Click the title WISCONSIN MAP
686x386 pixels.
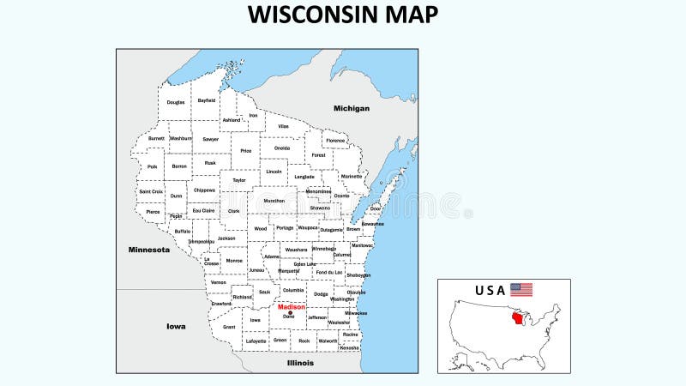[343, 15]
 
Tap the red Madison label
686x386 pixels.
[292, 307]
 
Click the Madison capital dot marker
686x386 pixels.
[291, 313]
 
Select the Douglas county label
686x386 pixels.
[176, 102]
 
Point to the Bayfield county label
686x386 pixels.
[207, 100]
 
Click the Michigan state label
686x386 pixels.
[352, 108]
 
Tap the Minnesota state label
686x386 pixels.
[149, 250]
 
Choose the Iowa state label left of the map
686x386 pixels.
[176, 326]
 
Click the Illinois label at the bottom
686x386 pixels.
[300, 363]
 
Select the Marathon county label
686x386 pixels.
[274, 201]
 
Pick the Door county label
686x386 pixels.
[376, 208]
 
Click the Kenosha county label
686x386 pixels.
[350, 347]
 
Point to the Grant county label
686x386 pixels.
[229, 327]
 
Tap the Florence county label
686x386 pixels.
[335, 140]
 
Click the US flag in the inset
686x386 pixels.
[521, 290]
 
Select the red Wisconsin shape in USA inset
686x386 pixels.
[517, 319]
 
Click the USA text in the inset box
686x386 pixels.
[490, 290]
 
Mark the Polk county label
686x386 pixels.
[153, 166]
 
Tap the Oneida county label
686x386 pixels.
[282, 148]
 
